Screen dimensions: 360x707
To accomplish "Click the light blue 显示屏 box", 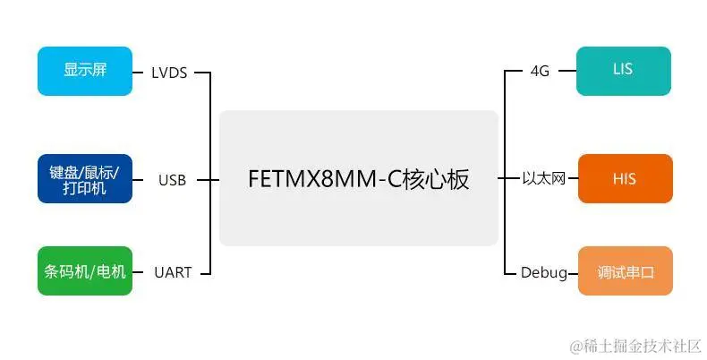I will point(85,71).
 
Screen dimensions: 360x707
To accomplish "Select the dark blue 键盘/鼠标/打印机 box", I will point(85,178).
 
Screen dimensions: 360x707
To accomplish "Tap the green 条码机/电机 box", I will point(85,270).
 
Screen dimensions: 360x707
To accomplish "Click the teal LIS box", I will point(625,71).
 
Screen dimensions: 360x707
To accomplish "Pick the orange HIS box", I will point(625,178).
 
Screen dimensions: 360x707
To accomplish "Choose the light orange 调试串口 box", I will point(625,270).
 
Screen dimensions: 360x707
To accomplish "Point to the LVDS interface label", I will point(170,73).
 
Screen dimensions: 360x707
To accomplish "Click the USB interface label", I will point(172,180).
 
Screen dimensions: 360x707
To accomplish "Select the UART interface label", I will point(172,272).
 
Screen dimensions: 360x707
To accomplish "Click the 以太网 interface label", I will point(544,179).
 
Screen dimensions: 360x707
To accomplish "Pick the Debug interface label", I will point(544,272).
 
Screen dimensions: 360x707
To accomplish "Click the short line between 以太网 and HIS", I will point(573,179).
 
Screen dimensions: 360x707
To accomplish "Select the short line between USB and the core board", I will point(208,179).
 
